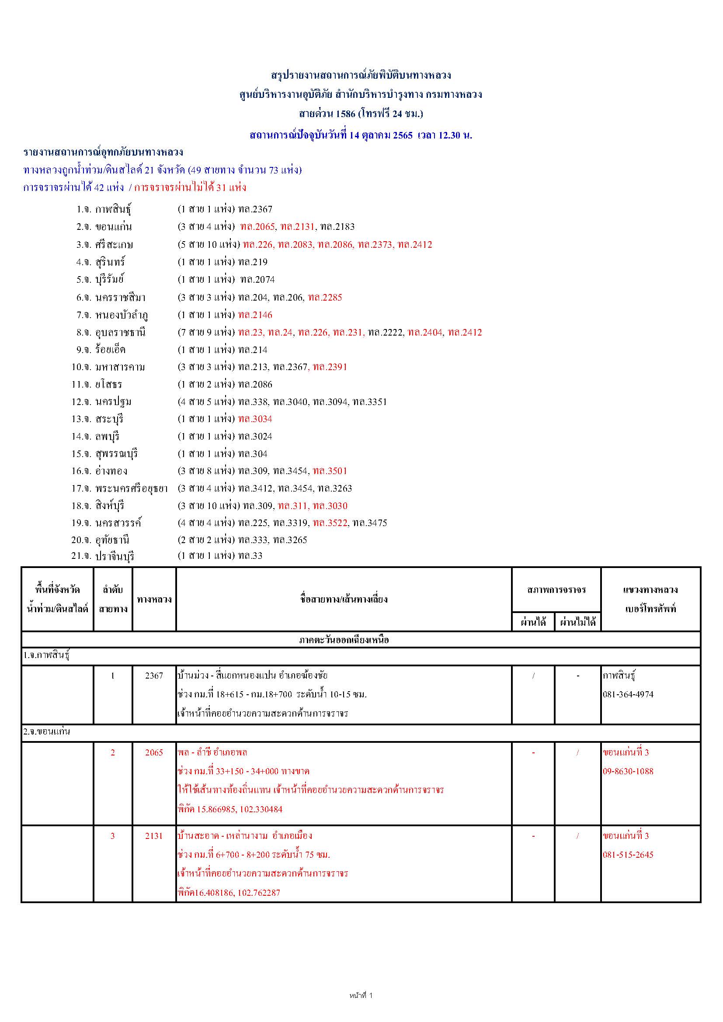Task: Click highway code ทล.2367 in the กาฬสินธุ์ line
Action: [255, 209]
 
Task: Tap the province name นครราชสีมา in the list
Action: [120, 298]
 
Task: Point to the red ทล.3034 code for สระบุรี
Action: [255, 419]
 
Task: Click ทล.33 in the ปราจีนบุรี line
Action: [250, 555]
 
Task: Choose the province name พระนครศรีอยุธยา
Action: [131, 488]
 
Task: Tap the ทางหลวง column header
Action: [154, 599]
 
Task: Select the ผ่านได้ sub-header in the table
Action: [533, 622]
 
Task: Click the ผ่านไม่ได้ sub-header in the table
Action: [577, 622]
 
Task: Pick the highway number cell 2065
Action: [154, 752]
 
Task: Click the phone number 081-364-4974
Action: [628, 694]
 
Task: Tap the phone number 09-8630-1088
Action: [628, 771]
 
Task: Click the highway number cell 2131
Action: [154, 835]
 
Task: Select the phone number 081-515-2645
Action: [628, 854]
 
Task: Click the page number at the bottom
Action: [361, 995]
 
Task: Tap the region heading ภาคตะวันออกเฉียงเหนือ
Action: [344, 640]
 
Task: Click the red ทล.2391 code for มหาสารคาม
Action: [330, 367]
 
